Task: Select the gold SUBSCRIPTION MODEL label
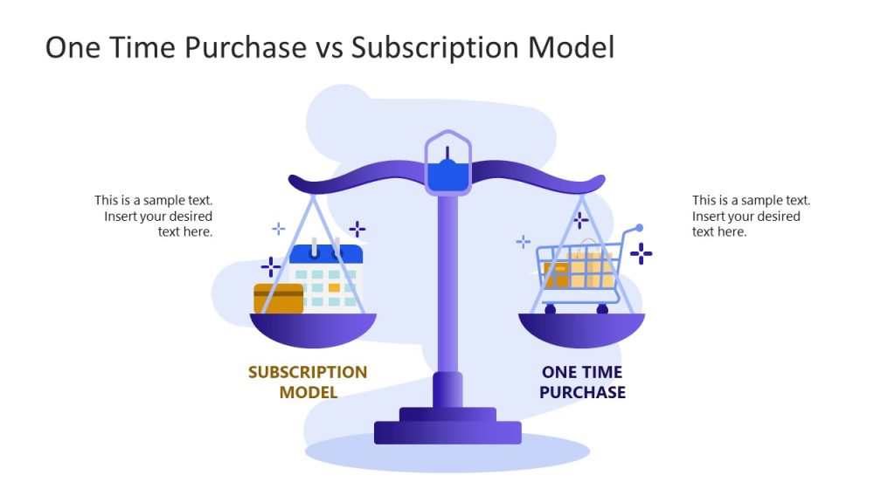(x=308, y=382)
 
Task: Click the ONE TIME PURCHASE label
(x=582, y=382)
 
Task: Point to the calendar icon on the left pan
(x=326, y=277)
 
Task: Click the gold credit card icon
(x=279, y=299)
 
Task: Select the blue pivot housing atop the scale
(x=447, y=165)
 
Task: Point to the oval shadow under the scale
(x=447, y=453)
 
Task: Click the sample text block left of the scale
(x=155, y=216)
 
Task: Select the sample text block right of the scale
(x=750, y=216)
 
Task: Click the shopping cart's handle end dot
(x=639, y=228)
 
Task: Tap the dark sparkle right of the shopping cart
(x=642, y=254)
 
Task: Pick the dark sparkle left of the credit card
(x=271, y=267)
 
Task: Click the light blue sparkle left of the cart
(x=524, y=241)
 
